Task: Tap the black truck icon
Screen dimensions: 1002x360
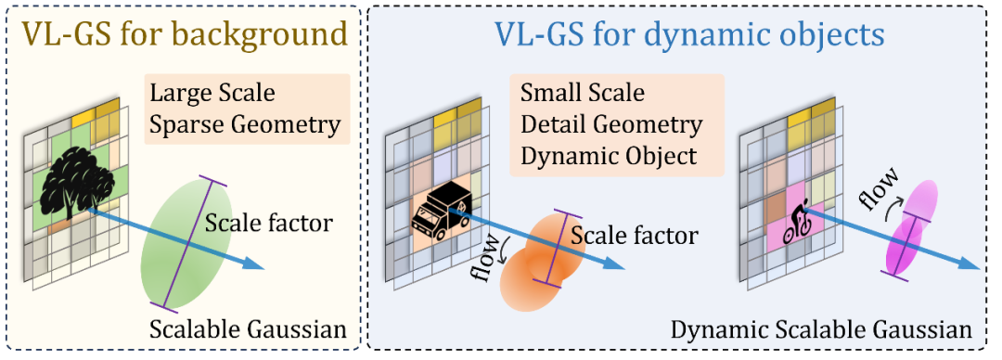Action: click(442, 215)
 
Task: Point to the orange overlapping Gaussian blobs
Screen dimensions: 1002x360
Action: click(541, 259)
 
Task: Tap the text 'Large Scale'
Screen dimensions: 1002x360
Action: click(212, 94)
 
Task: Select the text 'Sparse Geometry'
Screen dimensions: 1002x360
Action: click(244, 125)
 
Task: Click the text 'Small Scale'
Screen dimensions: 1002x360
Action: click(583, 93)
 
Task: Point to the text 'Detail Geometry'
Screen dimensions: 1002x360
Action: click(610, 124)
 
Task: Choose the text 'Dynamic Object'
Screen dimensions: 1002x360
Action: click(609, 157)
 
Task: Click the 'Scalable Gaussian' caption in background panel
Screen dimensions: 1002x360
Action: click(248, 329)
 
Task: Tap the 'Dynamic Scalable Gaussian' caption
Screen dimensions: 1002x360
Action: click(821, 330)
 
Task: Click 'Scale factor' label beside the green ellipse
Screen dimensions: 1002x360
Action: click(269, 224)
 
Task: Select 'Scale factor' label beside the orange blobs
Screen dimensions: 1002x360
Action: click(634, 236)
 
